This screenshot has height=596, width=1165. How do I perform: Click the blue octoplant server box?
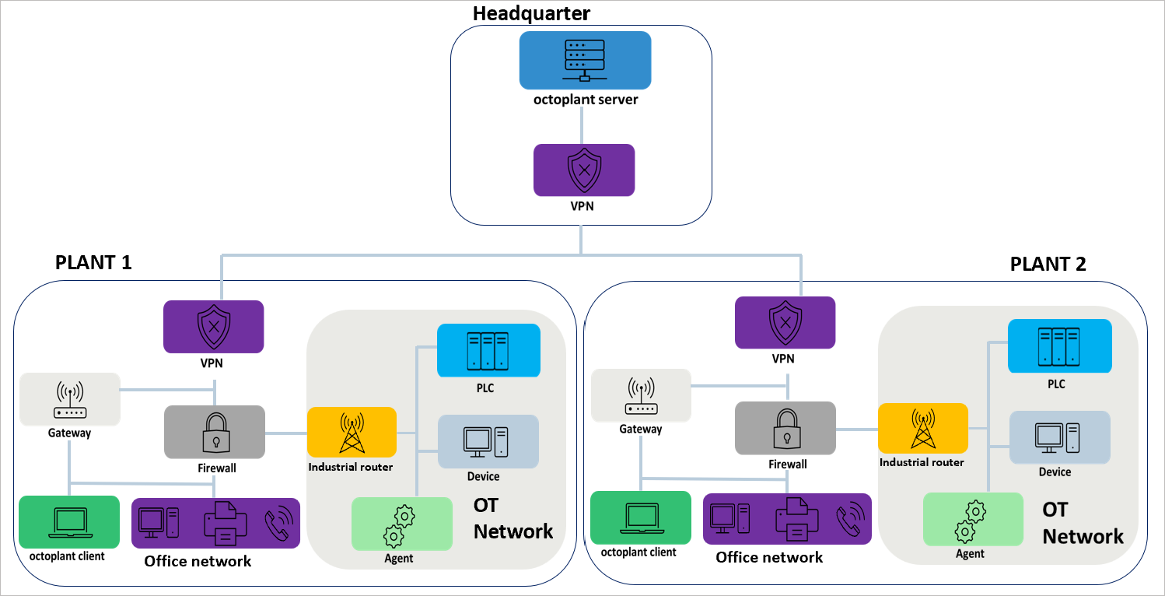tap(585, 60)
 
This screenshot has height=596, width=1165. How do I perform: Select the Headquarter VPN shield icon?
tap(584, 170)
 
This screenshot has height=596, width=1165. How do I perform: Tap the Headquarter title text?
tap(531, 13)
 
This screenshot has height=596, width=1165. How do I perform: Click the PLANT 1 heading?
tap(93, 262)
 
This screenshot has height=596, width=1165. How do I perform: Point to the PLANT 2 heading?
tap(1048, 264)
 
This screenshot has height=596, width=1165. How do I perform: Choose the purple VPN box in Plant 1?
tap(213, 327)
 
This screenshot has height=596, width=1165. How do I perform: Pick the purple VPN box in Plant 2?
tap(785, 322)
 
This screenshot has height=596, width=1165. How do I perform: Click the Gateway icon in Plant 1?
tap(70, 398)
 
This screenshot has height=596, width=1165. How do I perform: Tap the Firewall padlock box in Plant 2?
tap(785, 428)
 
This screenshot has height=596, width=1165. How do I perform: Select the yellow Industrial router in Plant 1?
tap(352, 432)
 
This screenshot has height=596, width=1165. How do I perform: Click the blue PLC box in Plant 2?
tap(1059, 346)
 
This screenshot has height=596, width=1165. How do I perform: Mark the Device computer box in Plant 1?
tap(488, 441)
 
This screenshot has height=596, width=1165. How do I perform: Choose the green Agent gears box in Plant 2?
tap(972, 519)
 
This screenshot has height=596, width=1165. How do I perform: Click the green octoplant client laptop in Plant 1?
tap(69, 522)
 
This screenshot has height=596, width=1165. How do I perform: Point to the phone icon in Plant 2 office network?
tap(849, 519)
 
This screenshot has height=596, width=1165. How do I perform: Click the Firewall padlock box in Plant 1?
tap(214, 432)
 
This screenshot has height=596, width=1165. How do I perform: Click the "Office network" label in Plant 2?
tap(769, 557)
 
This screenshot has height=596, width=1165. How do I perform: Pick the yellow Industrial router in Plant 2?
tap(922, 428)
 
